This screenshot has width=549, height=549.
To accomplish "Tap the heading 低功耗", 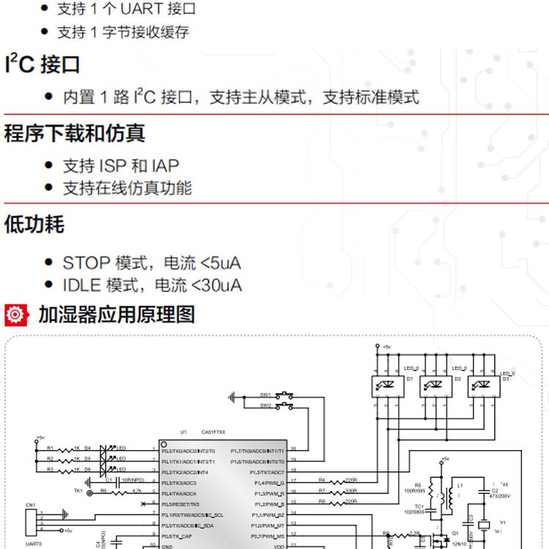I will (x=34, y=224).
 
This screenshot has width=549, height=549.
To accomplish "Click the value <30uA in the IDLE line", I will (x=217, y=285).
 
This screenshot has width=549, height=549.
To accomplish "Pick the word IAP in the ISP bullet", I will (x=165, y=165).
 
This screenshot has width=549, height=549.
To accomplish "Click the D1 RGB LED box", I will (x=386, y=385).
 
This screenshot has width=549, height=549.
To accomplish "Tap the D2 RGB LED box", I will (x=435, y=385).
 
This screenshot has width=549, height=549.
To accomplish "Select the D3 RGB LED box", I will (x=483, y=385).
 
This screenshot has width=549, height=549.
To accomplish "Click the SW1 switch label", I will (x=265, y=394).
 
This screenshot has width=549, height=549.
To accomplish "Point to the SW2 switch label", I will (x=265, y=405).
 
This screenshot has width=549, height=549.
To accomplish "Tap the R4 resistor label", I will (x=321, y=480).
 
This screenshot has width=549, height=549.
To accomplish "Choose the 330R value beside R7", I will (x=351, y=490).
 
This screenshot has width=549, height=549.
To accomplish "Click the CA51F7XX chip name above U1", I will (x=213, y=432).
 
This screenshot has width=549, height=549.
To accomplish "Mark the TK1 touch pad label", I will (x=78, y=491).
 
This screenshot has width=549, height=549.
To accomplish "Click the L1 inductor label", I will (x=460, y=485).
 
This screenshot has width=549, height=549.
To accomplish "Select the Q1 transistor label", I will (x=454, y=534).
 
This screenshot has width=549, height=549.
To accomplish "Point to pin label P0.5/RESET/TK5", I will (x=180, y=504).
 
